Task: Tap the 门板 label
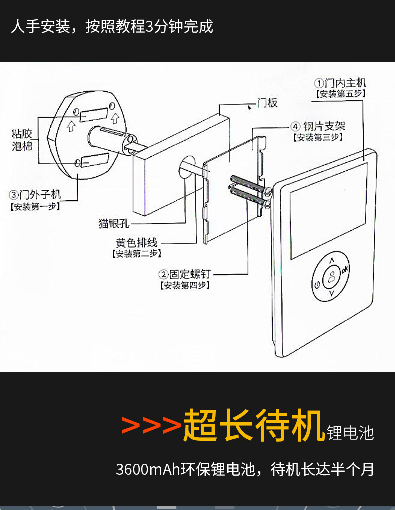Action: coord(267,103)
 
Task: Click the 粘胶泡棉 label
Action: coord(22,140)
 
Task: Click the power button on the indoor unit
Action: coord(316,285)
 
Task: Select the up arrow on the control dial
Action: coord(332,260)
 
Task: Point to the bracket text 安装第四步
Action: coord(185,286)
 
